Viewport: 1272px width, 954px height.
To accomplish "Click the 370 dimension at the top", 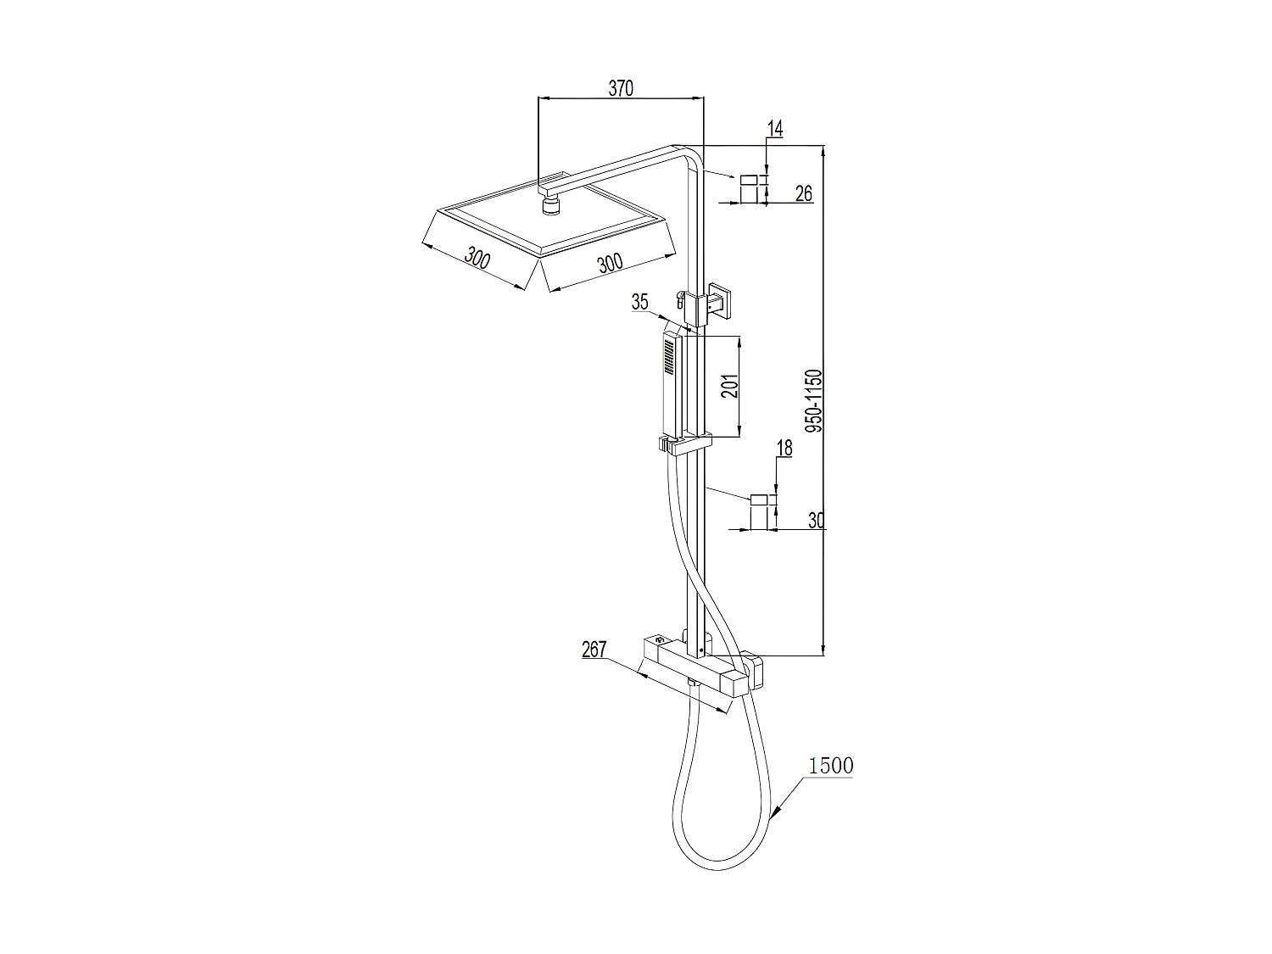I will pos(621,87).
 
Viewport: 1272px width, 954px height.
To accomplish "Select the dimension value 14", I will pos(775,128).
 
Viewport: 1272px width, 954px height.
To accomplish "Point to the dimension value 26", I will pos(803,193).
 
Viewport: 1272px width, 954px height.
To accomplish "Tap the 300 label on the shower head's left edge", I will pos(478,258).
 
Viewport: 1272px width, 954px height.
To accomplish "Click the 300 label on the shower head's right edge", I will pos(610,263).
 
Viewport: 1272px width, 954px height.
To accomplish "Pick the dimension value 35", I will pos(639,301).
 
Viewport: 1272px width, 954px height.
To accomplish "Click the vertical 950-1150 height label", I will pos(813,401).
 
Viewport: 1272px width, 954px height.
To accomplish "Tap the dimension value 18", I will pos(784,449).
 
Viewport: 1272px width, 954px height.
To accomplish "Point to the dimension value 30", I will pos(816,520).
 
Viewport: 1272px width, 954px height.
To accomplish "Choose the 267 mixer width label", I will pos(594,650).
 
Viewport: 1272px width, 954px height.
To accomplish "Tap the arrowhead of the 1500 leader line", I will pos(773,819).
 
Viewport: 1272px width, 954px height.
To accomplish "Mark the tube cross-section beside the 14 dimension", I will pos(749,189).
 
